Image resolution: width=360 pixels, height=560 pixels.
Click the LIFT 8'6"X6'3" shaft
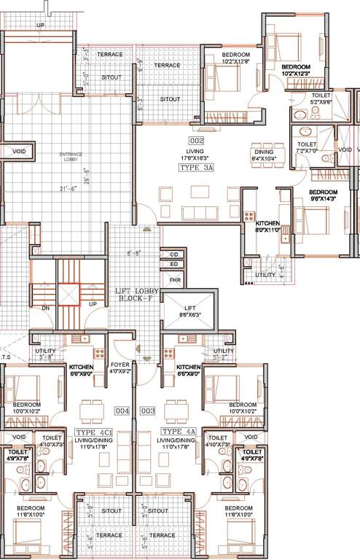189,314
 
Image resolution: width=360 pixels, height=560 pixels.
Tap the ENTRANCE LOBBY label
71,157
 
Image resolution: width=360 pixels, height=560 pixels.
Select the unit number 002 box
196,141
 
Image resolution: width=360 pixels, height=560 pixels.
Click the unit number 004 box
122,411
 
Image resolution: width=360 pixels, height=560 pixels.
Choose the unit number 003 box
148,411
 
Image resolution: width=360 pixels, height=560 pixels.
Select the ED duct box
174,264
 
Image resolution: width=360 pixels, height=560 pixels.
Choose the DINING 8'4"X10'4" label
264,155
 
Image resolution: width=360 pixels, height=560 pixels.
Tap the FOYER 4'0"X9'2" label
120,368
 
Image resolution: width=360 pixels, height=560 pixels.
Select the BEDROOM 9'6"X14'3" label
323,195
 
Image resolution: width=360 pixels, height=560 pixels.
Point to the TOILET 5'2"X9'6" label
321,99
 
